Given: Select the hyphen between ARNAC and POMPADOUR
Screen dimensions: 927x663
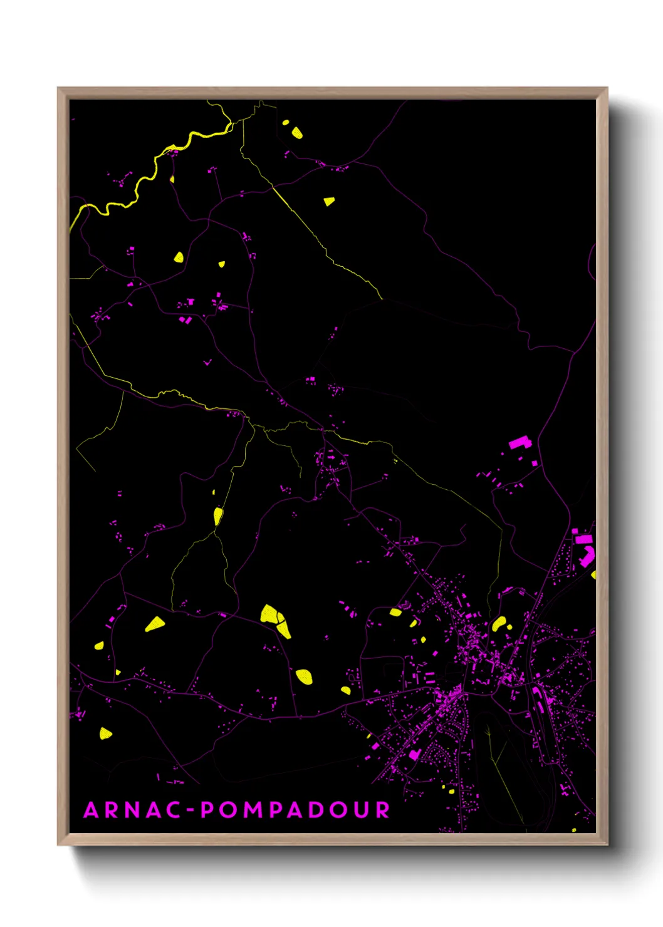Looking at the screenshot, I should [x=192, y=810].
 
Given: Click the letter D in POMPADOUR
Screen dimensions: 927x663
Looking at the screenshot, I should [x=319, y=810].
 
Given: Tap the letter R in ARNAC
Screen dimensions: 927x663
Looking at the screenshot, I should [x=112, y=810].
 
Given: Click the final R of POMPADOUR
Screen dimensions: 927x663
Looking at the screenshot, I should [x=383, y=810].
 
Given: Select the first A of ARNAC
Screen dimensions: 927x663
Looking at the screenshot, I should [x=91, y=810].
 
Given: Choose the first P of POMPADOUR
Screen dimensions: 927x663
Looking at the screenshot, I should [x=207, y=810].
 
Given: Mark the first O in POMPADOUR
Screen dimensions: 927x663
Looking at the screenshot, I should [x=229, y=810].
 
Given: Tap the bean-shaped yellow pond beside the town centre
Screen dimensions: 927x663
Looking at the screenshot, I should [x=499, y=623].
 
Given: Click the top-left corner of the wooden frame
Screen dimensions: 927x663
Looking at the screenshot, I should [x=58, y=88].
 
